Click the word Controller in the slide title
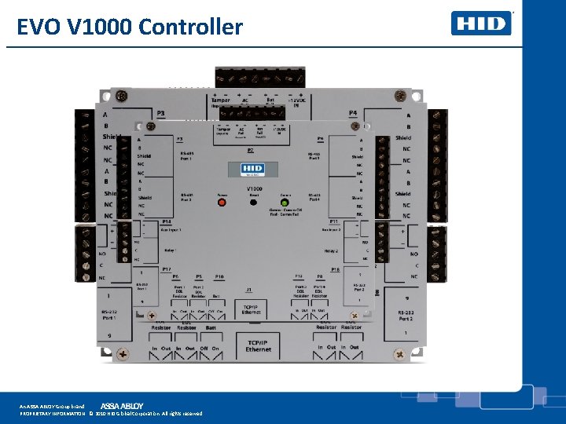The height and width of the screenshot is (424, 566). pos(191,27)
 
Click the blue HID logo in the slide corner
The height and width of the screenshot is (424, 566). pos(481,23)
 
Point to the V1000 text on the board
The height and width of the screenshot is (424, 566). pos(253,189)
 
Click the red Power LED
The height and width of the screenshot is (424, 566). pos(222,202)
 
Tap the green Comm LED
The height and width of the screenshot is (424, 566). pos(284,203)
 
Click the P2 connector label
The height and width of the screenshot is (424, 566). pos(251,150)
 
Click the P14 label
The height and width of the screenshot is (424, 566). pos(166,222)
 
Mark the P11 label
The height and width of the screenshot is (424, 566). pos(333,222)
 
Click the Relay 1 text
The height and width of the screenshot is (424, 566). pos(171,251)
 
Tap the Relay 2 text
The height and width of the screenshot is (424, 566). pos(331,251)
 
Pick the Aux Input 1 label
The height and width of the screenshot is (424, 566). pos(171,230)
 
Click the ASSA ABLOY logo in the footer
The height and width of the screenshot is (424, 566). pos(122,406)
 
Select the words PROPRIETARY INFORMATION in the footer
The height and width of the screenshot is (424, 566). pos(52,413)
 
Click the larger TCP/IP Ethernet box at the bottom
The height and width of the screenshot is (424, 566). pos(258,344)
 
